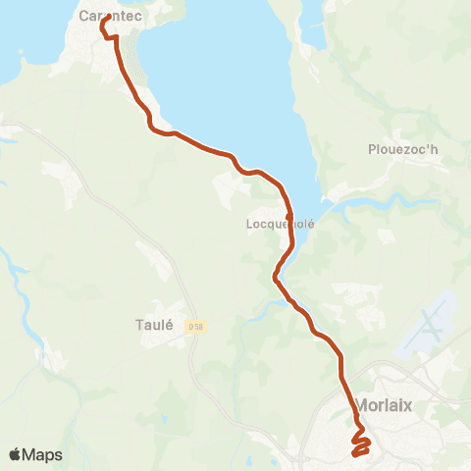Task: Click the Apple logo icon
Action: click(x=16, y=454)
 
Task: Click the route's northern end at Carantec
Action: click(x=105, y=19)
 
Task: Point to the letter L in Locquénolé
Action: click(x=248, y=224)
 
